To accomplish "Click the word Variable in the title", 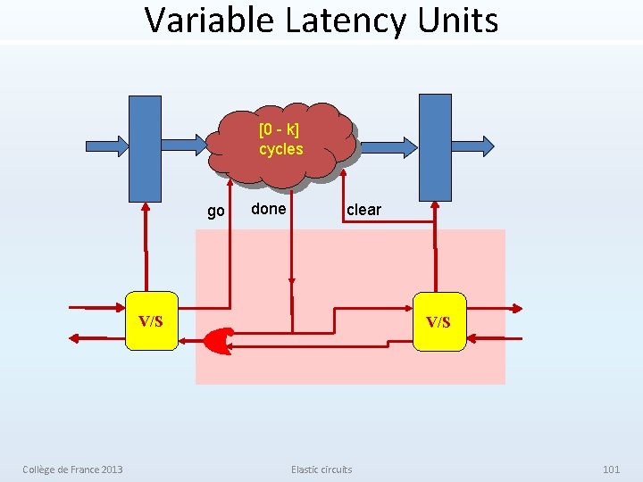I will [x=209, y=20].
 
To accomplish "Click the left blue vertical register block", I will [x=145, y=147].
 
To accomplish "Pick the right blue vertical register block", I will [x=435, y=147].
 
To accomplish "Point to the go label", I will [x=215, y=212].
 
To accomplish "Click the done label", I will [x=268, y=209].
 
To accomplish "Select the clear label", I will [x=363, y=210].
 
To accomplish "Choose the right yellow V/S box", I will [x=438, y=321].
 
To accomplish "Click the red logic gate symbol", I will [x=217, y=339].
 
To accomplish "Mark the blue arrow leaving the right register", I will [x=473, y=144].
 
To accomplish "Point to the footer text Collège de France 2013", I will [x=73, y=470].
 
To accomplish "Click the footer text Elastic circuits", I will [x=321, y=470].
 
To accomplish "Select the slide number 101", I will [x=611, y=470].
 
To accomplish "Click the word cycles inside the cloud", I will [x=281, y=150].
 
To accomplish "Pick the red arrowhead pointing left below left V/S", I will [x=75, y=337].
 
